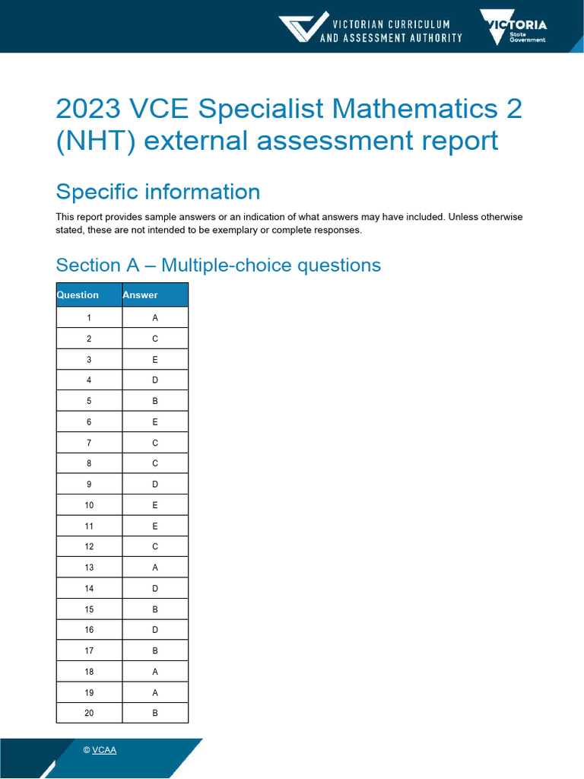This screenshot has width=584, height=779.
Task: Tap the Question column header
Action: coord(78,295)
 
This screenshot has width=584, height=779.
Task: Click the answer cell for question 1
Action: coord(155,318)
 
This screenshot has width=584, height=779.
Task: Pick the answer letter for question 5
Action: coord(155,401)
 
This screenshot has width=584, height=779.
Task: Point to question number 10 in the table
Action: coord(89,505)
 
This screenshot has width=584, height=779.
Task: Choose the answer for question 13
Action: coord(155,568)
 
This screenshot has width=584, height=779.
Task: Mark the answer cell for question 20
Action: coord(155,713)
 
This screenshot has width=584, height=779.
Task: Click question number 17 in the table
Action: coord(89,650)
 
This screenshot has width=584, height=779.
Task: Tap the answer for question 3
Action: coord(155,360)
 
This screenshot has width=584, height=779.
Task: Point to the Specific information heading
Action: coord(158,191)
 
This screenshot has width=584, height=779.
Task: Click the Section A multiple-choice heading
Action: coord(218,265)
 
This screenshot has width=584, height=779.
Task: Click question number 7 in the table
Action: coord(89,443)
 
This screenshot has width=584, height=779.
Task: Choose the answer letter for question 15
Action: coord(155,609)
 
